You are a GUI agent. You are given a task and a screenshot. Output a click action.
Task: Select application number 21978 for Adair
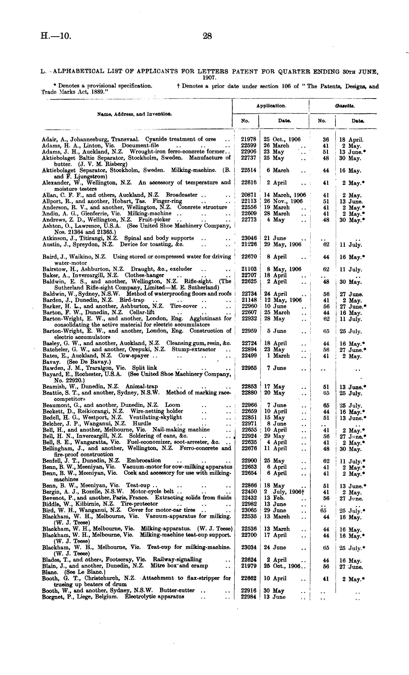click(248, 139)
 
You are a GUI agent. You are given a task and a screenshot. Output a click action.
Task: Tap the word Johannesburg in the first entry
click(85, 139)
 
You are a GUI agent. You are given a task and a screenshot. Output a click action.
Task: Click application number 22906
click(248, 152)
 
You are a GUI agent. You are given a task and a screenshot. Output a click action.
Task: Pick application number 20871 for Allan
click(248, 195)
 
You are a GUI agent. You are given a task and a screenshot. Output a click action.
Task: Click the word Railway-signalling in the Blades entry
click(177, 559)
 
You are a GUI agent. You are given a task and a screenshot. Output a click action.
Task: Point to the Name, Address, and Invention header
click(135, 114)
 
